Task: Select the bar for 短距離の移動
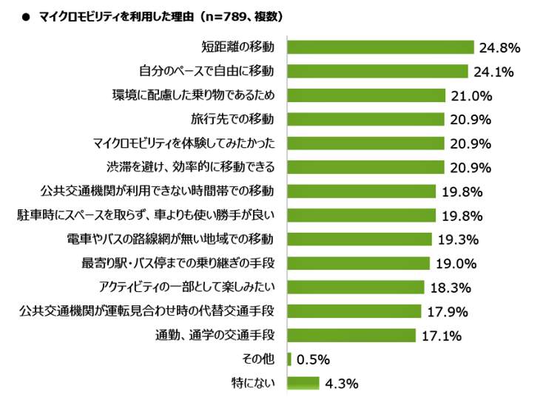point(380,47)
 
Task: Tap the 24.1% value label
point(494,72)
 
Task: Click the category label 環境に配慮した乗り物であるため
point(194,95)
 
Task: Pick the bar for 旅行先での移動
point(365,119)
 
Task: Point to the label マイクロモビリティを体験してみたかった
point(183,143)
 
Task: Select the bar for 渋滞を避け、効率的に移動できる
point(365,167)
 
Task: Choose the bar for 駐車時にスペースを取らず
point(361,215)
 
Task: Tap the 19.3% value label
point(459,240)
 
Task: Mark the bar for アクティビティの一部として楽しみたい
point(355,287)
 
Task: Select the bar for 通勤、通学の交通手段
point(351,335)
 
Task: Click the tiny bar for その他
point(289,359)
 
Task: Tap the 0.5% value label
point(313,359)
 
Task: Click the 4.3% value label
point(341,383)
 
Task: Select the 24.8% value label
point(500,48)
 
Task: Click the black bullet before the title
point(25,16)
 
